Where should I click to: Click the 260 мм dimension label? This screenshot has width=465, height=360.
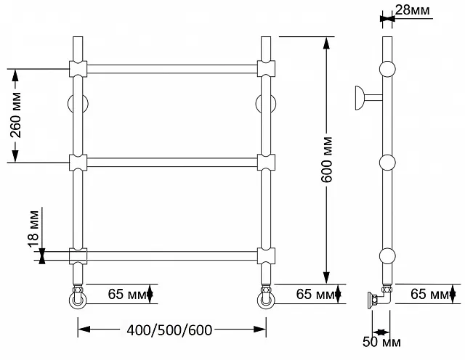(x=16, y=115)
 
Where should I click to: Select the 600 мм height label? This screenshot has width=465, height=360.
(x=327, y=160)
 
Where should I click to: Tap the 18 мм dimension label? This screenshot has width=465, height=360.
(x=34, y=229)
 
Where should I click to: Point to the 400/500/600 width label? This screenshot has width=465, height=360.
(x=169, y=330)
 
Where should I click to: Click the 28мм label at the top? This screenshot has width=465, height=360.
(x=413, y=10)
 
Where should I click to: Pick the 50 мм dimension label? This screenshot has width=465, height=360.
(x=381, y=342)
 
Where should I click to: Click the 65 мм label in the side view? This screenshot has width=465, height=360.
(x=429, y=294)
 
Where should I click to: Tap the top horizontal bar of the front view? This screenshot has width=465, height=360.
(x=172, y=69)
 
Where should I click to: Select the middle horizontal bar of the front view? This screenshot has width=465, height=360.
(x=172, y=163)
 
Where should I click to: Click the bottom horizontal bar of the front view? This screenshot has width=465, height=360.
(x=172, y=256)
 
